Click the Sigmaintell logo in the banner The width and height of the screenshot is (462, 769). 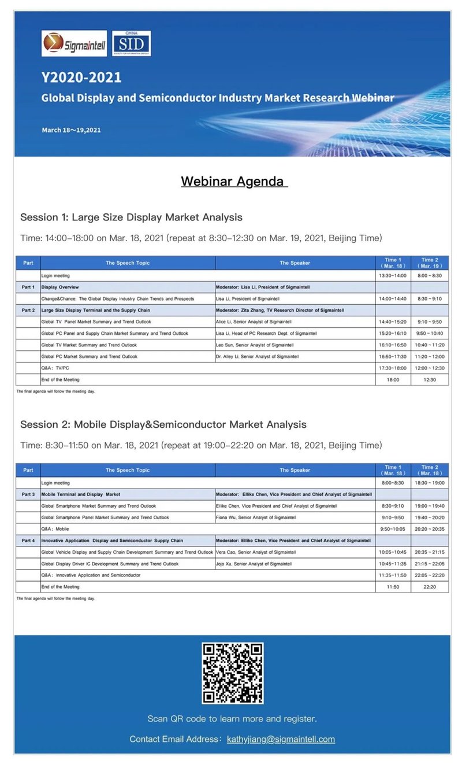tap(74, 43)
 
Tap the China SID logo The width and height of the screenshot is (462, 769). tap(131, 43)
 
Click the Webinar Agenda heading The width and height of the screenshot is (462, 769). tap(234, 181)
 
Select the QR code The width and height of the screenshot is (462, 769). tap(232, 673)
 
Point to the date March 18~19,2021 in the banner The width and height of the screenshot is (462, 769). tap(71, 130)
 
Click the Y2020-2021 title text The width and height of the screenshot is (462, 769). tap(81, 77)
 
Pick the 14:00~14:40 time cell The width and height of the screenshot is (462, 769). tap(393, 299)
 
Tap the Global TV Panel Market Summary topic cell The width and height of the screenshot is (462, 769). tap(127, 322)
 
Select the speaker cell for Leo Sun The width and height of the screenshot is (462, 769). tap(295, 345)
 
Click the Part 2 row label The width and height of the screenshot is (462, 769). tap(28, 310)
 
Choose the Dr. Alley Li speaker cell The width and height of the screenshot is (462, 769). tap(295, 357)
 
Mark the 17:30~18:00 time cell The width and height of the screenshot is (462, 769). tap(393, 368)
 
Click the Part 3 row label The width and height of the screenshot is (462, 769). tap(28, 494)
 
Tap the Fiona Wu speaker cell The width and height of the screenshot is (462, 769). tap(295, 517)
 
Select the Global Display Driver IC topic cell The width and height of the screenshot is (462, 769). tap(127, 564)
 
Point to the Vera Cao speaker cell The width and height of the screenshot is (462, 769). tap(295, 552)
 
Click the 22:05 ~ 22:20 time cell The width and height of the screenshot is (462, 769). tap(429, 575)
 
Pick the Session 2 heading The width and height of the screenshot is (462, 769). tap(163, 424)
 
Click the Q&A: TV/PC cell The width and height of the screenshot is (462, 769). tap(127, 368)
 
